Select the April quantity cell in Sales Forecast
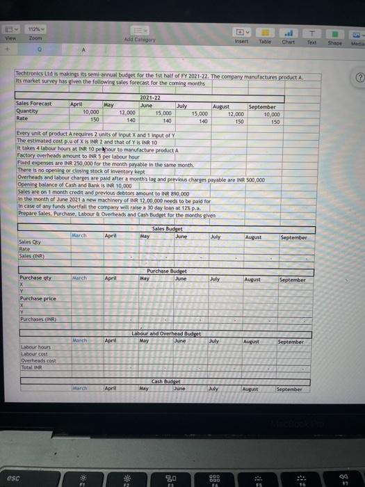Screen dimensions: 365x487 point(90,112)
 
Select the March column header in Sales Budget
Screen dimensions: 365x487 point(81,236)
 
